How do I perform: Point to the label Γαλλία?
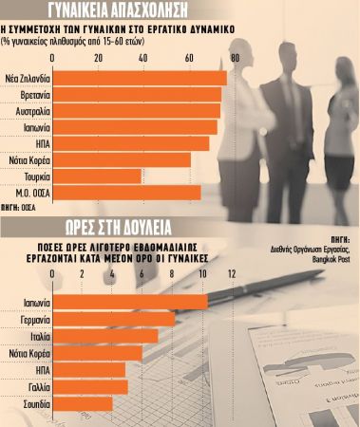(x=35, y=386)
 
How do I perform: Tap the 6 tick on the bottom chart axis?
(x=142, y=274)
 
